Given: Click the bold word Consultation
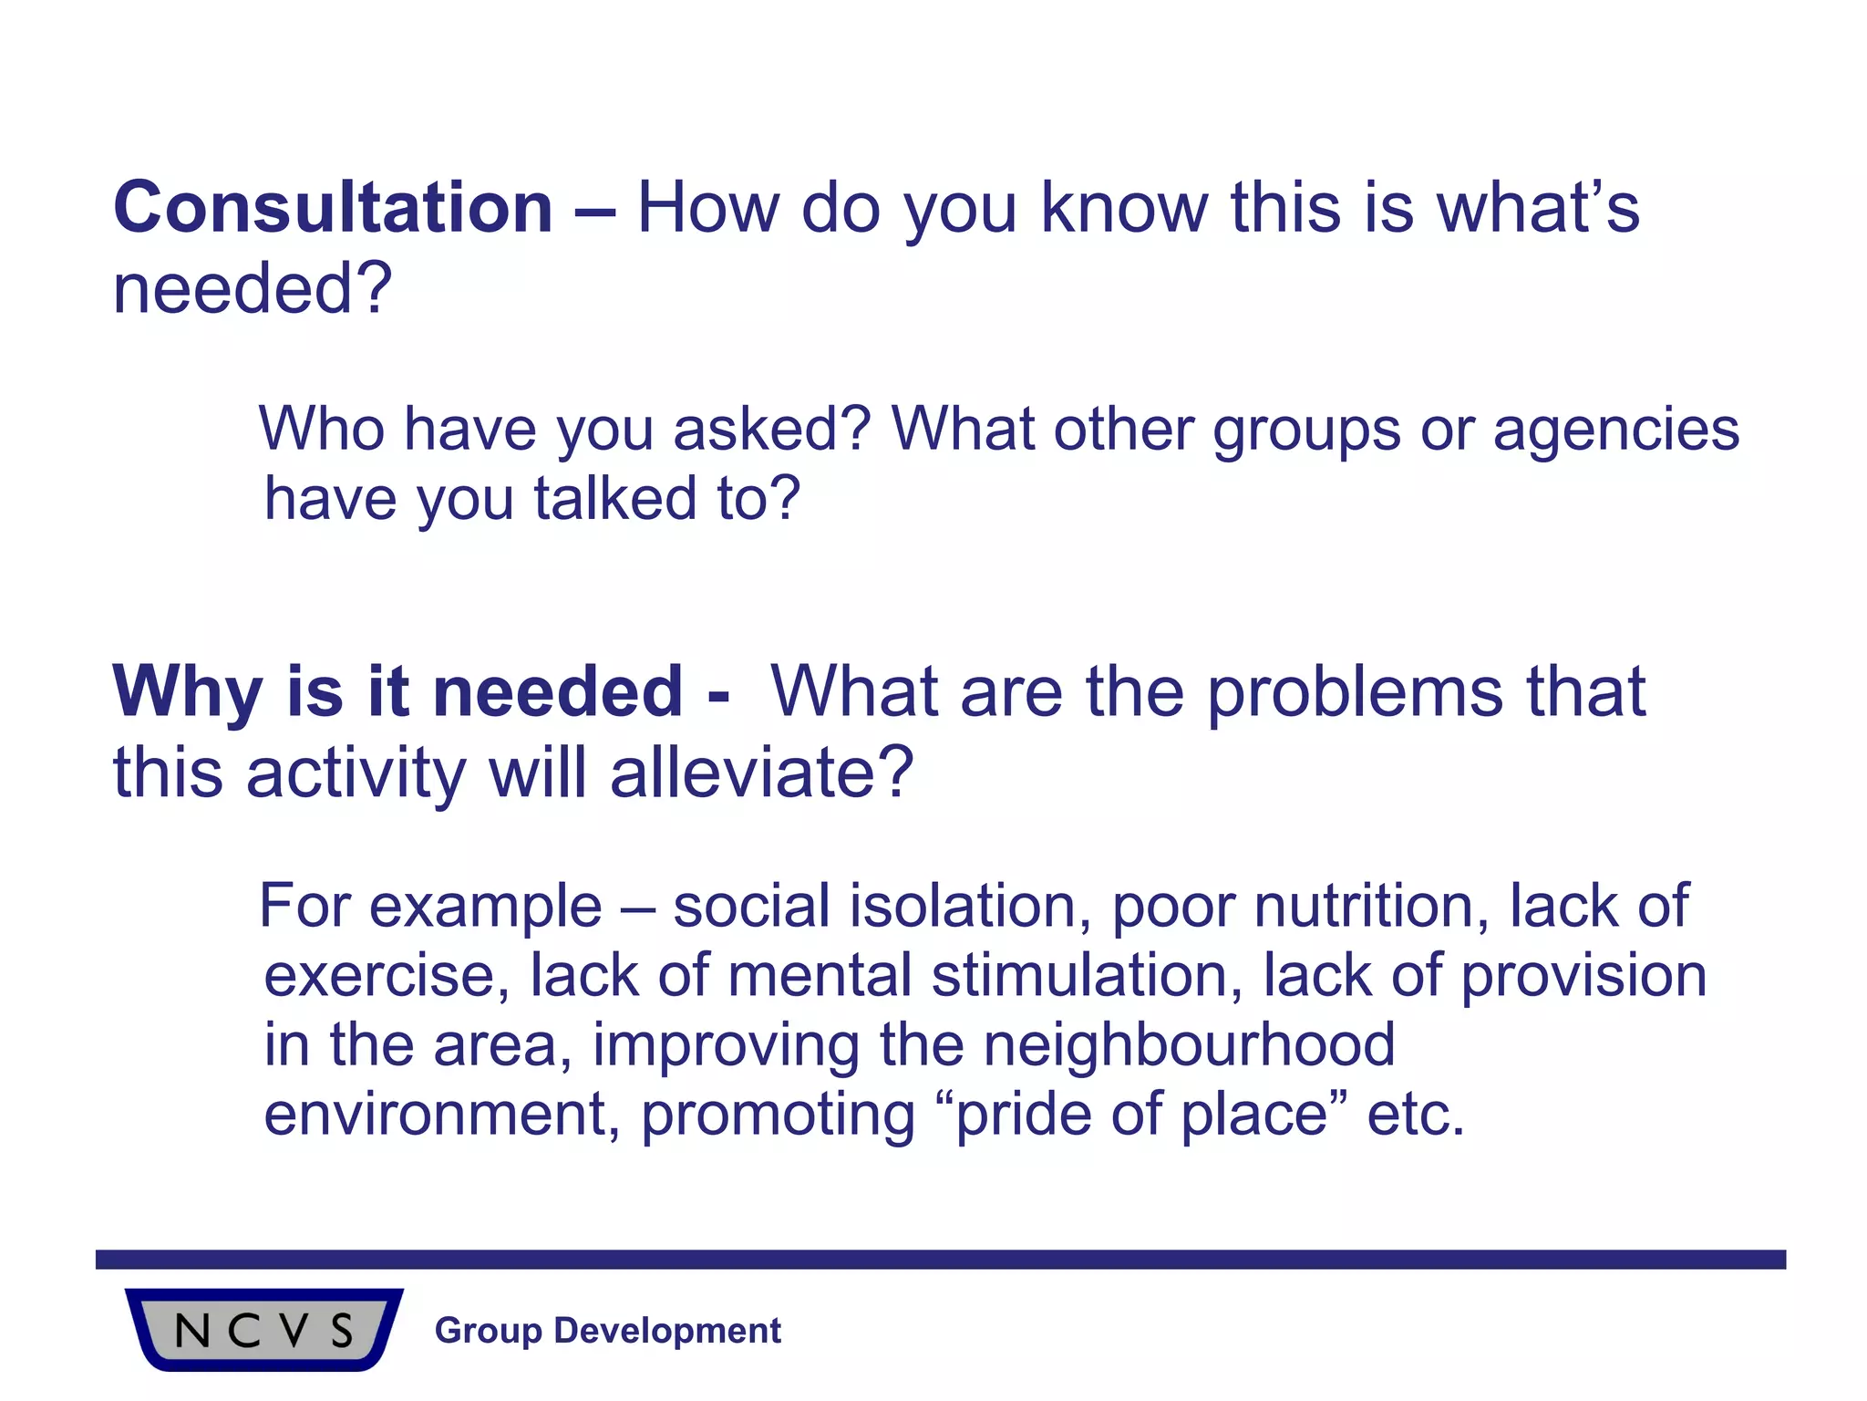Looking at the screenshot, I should (x=333, y=208).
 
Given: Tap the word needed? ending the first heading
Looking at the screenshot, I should (x=253, y=289).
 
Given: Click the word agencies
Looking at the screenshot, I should (x=1615, y=431).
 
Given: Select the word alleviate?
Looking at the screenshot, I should (x=761, y=773).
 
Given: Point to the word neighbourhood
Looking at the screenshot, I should (x=1189, y=1044).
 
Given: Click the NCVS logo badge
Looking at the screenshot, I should (x=263, y=1329).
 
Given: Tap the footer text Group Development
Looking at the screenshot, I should (x=608, y=1331).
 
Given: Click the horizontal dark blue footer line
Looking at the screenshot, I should (x=940, y=1260).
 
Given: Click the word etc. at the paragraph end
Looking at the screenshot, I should (x=1416, y=1115).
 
